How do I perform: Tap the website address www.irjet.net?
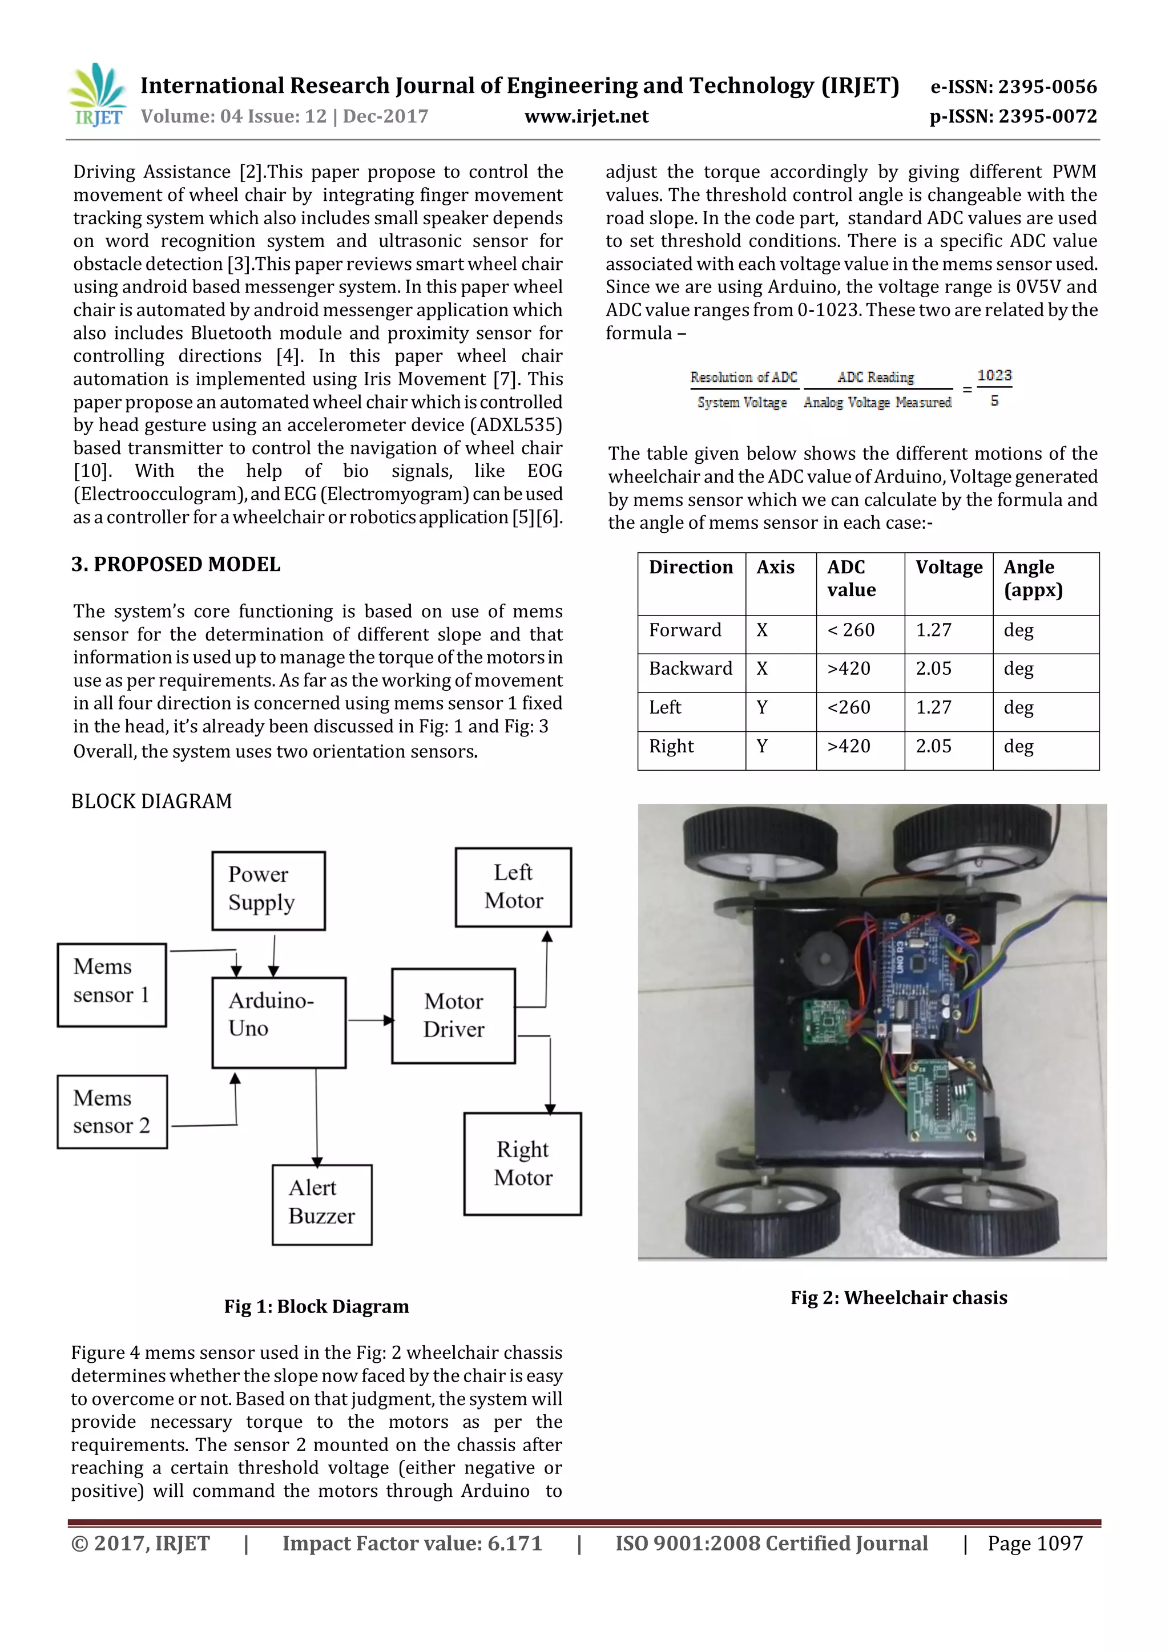click(x=586, y=116)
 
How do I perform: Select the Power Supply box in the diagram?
click(x=268, y=890)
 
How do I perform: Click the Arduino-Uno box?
click(x=279, y=1022)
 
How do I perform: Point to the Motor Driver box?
click(x=453, y=1015)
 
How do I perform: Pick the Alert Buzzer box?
click(x=322, y=1204)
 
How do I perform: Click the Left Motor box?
click(x=513, y=886)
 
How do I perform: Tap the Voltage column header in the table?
click(x=948, y=568)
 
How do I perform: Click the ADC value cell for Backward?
click(x=849, y=669)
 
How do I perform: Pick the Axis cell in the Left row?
click(x=761, y=708)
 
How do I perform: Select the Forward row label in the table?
click(x=684, y=630)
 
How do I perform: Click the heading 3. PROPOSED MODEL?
click(x=176, y=564)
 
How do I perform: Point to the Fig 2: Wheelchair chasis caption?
click(x=898, y=1297)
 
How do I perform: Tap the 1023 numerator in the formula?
click(x=994, y=375)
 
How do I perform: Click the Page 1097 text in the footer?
click(x=1034, y=1544)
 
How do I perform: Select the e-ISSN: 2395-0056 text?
click(x=1014, y=87)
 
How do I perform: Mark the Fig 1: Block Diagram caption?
click(x=316, y=1306)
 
